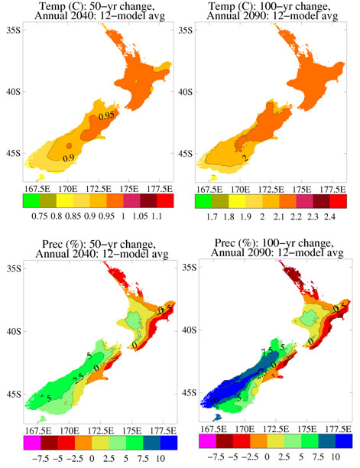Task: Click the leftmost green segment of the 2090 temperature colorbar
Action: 203,203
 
